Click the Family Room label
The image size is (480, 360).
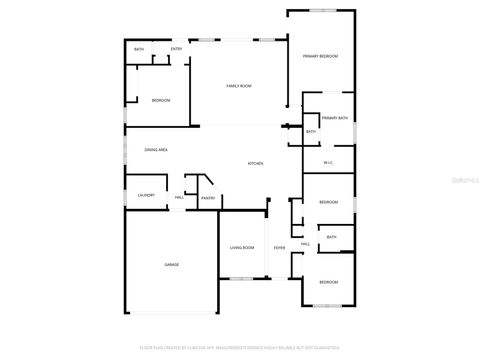pyautogui.click(x=238, y=86)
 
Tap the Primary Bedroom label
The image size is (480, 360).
pyautogui.click(x=321, y=56)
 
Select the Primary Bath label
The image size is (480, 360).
pyautogui.click(x=335, y=118)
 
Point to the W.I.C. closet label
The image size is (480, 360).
pyautogui.click(x=328, y=163)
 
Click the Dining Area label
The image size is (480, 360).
pyautogui.click(x=155, y=149)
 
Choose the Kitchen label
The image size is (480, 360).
pyautogui.click(x=255, y=163)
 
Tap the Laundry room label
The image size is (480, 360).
pyautogui.click(x=146, y=196)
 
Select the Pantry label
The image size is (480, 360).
pyautogui.click(x=209, y=198)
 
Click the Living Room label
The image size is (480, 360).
pyautogui.click(x=242, y=247)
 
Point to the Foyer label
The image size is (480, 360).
pyautogui.click(x=279, y=247)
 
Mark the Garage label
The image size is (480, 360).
pyautogui.click(x=172, y=264)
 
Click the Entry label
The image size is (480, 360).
pyautogui.click(x=176, y=49)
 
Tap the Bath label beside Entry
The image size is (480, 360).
pyautogui.click(x=139, y=49)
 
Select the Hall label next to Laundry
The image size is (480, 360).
pyautogui.click(x=179, y=197)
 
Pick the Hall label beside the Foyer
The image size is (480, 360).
pyautogui.click(x=305, y=243)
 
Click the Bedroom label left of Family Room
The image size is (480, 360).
pyautogui.click(x=161, y=100)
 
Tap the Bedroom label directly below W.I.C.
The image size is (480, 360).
pyautogui.click(x=329, y=202)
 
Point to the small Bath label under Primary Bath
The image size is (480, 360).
pyautogui.click(x=311, y=131)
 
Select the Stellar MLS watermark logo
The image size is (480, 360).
pyautogui.click(x=458, y=180)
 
